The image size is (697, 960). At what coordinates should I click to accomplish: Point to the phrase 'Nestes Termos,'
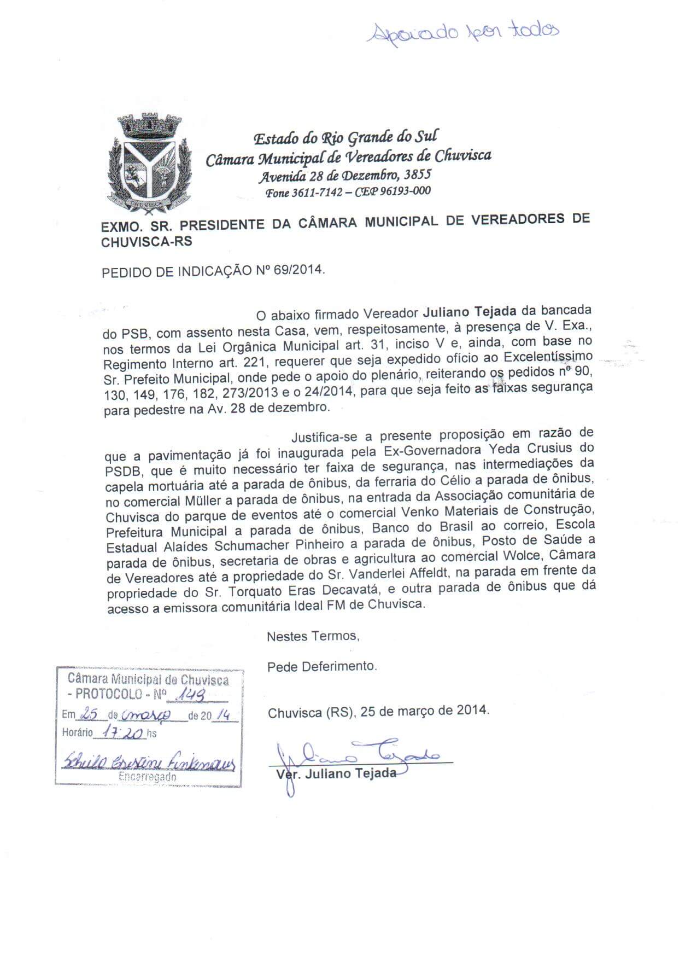click(313, 636)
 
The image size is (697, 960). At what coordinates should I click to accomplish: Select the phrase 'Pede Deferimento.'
click(322, 667)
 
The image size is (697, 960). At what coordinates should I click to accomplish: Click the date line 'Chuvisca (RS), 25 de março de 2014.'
click(379, 711)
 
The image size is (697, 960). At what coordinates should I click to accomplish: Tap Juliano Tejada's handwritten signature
click(361, 757)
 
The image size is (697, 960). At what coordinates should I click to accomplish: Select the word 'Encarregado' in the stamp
click(148, 777)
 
